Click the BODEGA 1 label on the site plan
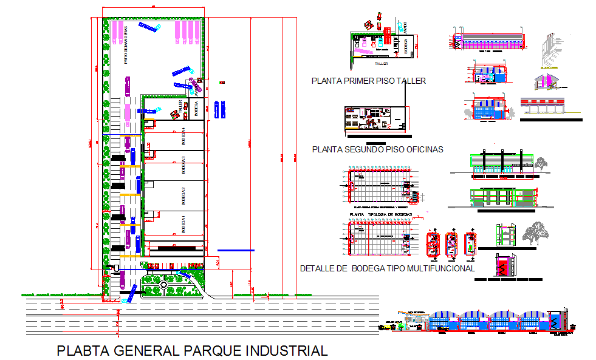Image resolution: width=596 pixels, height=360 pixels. point(183,224)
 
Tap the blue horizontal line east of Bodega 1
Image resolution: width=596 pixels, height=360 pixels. point(236,250)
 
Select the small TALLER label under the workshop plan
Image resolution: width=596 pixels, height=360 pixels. point(382,63)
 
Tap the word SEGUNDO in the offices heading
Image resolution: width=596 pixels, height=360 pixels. point(363,149)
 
